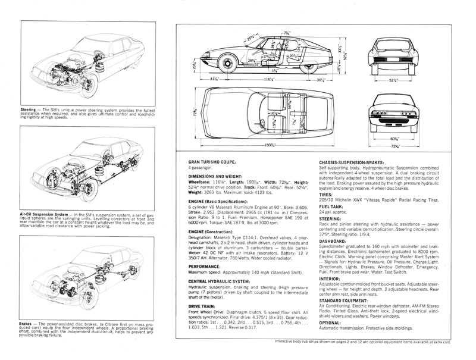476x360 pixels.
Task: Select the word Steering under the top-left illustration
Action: pyautogui.click(x=27, y=110)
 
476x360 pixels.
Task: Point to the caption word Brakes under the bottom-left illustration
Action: pyautogui.click(x=26, y=324)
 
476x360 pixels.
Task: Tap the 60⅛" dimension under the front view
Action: pyautogui.click(x=393, y=137)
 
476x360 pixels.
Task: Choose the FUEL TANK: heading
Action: pyautogui.click(x=333, y=206)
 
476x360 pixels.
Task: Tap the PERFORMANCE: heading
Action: pyautogui.click(x=206, y=267)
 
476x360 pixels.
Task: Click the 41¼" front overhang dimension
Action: pyautogui.click(x=212, y=79)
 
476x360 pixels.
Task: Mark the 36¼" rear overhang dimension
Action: pyautogui.click(x=323, y=79)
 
